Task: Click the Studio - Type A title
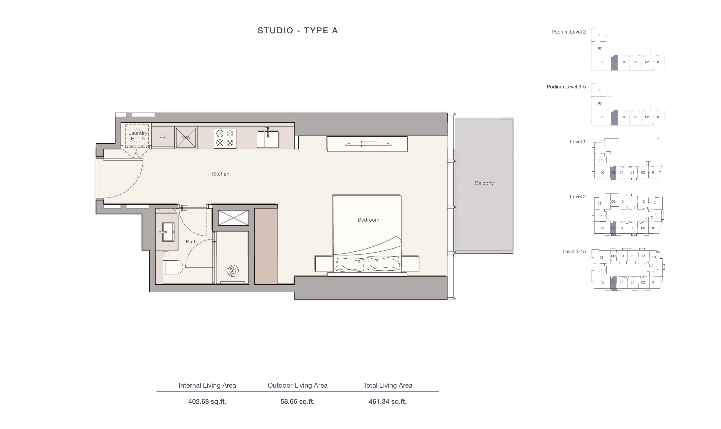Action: coord(298,30)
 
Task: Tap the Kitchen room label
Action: coord(220,174)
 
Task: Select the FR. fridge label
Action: coord(163,138)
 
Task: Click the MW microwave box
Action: coord(186,138)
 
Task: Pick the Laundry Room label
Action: coord(138,136)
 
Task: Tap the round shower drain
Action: coord(233,271)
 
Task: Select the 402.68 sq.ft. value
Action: coord(207,401)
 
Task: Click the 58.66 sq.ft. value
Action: coord(297,401)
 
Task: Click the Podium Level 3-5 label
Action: coord(566,87)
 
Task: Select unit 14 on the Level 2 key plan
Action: coord(656,215)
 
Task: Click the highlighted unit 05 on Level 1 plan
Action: coord(613,173)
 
